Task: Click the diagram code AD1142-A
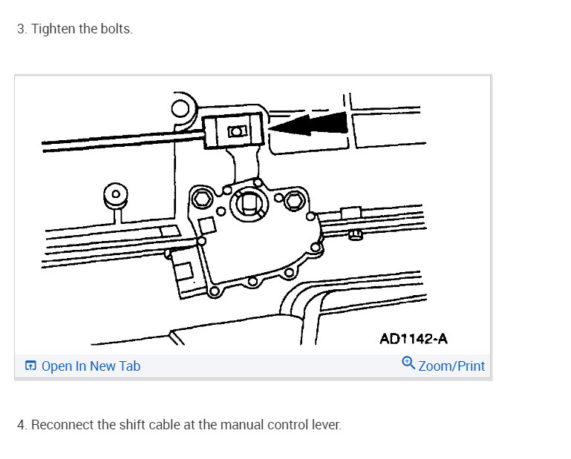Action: (x=414, y=339)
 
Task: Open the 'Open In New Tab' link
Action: (x=91, y=366)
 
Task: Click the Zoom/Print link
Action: (x=451, y=366)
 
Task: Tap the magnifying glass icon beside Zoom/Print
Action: (x=408, y=363)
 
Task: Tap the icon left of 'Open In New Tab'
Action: (x=30, y=366)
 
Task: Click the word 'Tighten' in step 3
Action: (x=53, y=30)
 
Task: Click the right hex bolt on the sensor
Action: (x=293, y=200)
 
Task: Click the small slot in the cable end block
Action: (x=236, y=131)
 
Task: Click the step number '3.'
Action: (x=22, y=30)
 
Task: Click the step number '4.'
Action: (x=22, y=425)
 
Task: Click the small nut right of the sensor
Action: (x=356, y=235)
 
